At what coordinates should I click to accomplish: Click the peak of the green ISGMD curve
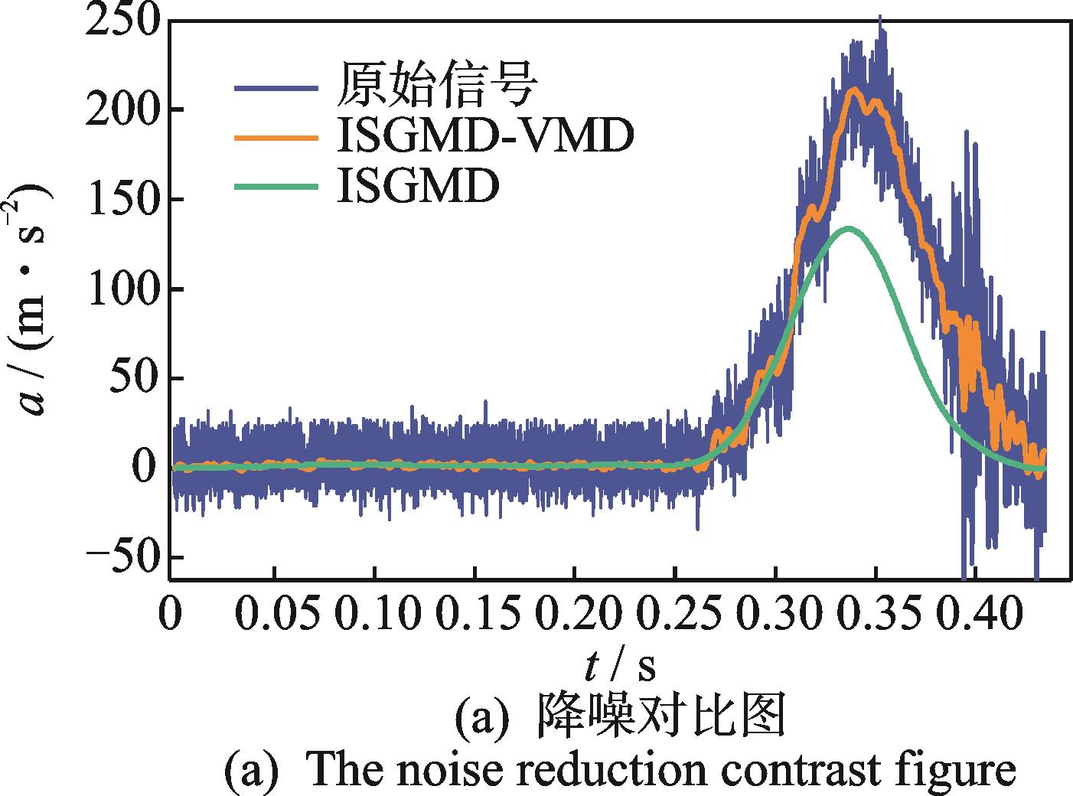pyautogui.click(x=847, y=228)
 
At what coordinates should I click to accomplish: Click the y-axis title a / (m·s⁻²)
pyautogui.click(x=34, y=299)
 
